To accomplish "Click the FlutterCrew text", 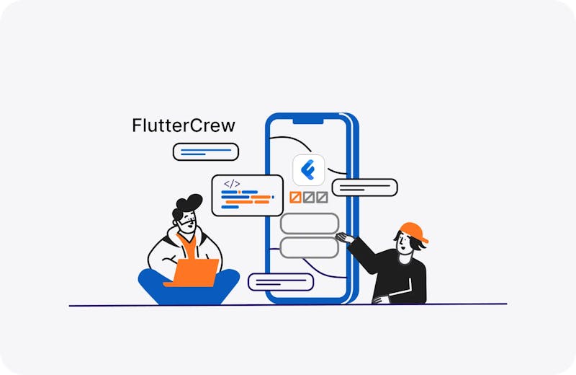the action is tap(184, 125).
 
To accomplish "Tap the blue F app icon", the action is tap(309, 170).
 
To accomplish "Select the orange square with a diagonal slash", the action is tap(295, 198).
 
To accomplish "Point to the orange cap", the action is tap(413, 231).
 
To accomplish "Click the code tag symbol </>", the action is tap(232, 184).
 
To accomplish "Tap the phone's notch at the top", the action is tap(308, 121).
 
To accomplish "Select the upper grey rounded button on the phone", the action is tap(310, 224).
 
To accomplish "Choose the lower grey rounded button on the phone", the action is tap(310, 247).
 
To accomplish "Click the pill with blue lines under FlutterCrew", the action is tap(206, 151).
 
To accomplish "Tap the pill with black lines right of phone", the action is tap(365, 187).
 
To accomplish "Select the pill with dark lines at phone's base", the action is tap(281, 282).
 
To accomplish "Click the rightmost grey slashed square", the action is tap(322, 198).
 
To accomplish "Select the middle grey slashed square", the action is tap(309, 198).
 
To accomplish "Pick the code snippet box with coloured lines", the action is tap(248, 195).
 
